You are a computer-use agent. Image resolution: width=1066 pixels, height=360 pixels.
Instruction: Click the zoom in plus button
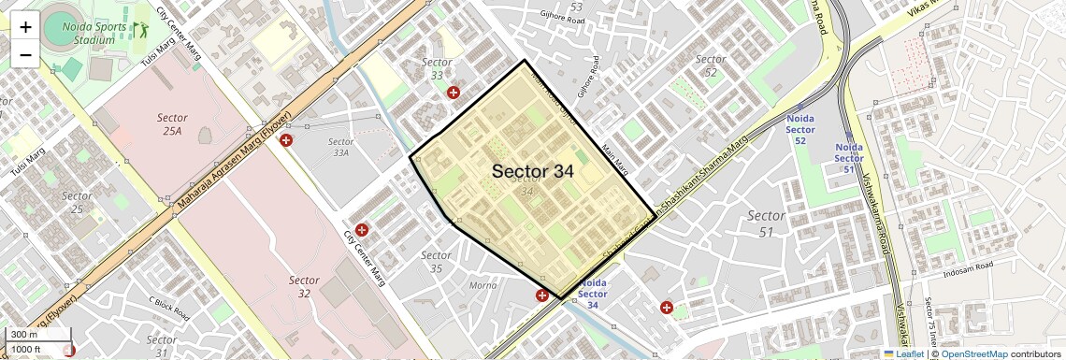point(25,27)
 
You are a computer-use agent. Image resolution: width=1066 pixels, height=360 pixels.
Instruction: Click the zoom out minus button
point(25,54)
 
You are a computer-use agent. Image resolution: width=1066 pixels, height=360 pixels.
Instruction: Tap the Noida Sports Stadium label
point(94,34)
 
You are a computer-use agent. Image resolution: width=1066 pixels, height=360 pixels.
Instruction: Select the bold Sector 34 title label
point(532,171)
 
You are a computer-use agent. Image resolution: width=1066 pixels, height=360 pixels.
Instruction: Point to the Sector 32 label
point(304,287)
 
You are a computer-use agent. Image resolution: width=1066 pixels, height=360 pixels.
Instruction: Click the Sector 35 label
point(437,262)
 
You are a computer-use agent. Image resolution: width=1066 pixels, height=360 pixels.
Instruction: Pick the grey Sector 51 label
point(766,223)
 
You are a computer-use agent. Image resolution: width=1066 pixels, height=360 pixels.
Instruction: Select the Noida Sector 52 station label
point(800,130)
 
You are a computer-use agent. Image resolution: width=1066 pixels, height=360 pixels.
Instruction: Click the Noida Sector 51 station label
point(848,158)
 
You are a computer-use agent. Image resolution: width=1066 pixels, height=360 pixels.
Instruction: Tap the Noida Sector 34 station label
point(593,294)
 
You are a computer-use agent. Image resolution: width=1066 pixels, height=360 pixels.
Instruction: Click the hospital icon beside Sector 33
point(454,93)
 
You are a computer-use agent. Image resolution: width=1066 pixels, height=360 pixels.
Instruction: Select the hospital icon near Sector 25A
point(287,139)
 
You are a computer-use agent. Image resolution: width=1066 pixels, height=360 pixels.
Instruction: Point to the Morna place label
point(483,285)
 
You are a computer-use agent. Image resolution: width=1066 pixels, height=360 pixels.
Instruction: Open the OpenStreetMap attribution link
point(973,353)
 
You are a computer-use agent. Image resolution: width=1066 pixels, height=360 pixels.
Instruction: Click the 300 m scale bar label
point(24,335)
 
